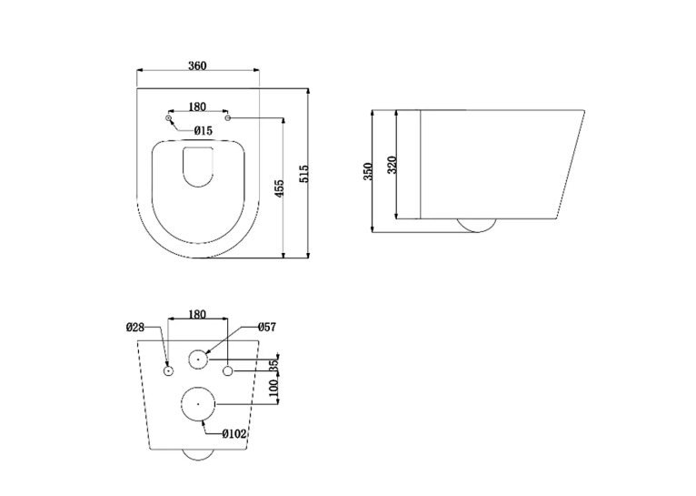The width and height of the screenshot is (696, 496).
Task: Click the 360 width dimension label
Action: [x=197, y=66]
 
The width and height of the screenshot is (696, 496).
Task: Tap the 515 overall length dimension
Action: [x=304, y=173]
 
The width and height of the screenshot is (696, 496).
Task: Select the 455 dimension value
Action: [x=279, y=188]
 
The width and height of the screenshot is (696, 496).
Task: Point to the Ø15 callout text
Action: [x=204, y=131]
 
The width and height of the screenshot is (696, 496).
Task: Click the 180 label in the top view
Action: [x=197, y=107]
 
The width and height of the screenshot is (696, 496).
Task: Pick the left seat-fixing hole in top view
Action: [x=168, y=117]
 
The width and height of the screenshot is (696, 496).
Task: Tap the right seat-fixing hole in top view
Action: [x=228, y=118]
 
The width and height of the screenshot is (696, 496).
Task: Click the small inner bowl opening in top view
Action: [x=198, y=167]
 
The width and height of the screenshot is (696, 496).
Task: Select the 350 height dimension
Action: [x=368, y=171]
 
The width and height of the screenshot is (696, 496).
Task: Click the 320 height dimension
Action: [x=392, y=165]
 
